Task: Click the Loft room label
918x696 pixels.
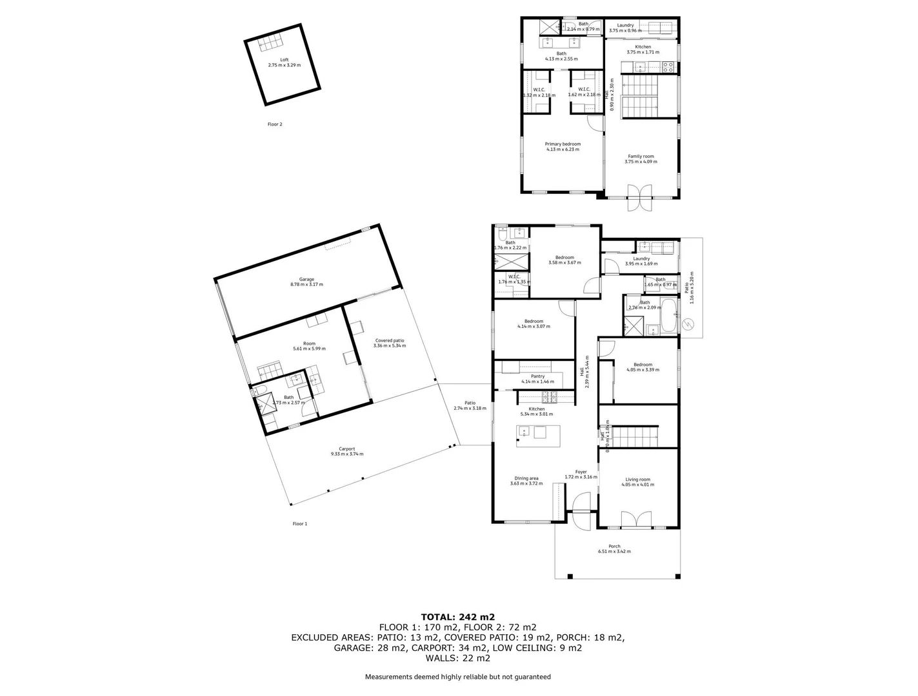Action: [284, 63]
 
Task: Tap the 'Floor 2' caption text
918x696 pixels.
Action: [275, 124]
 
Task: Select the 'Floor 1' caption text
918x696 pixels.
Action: [299, 524]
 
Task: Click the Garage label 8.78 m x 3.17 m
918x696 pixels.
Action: [306, 282]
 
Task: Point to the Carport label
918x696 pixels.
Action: [347, 451]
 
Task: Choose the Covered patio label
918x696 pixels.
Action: [389, 343]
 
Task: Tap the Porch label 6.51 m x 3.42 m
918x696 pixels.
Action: [614, 549]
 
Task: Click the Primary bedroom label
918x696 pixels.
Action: [563, 146]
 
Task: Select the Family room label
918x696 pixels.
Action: [641, 159]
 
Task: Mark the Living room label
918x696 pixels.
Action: [637, 482]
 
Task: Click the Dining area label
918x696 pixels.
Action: [526, 481]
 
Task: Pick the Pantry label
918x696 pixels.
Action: [537, 379]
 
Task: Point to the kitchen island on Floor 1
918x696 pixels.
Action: [538, 432]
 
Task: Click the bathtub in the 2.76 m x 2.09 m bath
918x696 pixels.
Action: [668, 315]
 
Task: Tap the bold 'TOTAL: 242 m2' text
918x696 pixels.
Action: [458, 617]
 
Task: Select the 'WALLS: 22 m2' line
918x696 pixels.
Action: [458, 658]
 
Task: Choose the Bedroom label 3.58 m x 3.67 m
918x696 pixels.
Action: [564, 260]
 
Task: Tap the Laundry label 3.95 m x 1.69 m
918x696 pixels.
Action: [641, 261]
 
